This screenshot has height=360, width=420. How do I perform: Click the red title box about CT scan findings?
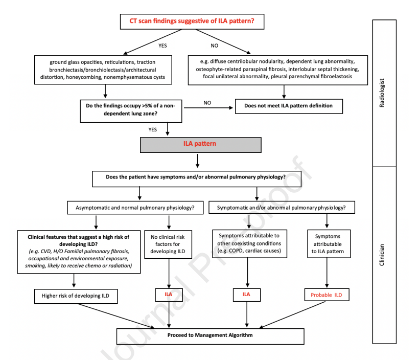[192, 21]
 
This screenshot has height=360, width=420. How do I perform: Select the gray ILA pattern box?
[201, 145]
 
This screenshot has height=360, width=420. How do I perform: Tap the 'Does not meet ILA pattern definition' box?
[289, 106]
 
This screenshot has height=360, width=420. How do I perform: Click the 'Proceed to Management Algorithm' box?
[211, 336]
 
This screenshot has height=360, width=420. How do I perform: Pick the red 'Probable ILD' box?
[327, 295]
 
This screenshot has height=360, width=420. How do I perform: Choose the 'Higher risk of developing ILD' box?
[76, 296]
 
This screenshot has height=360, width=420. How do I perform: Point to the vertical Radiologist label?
[382, 93]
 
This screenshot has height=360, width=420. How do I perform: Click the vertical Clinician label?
[382, 255]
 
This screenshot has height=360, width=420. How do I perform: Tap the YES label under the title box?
[162, 46]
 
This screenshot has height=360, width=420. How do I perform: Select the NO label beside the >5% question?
[207, 103]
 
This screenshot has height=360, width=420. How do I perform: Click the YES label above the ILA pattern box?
[153, 130]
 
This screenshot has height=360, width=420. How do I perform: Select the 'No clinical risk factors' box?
[168, 244]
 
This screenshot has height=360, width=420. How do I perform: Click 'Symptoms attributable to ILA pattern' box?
[329, 243]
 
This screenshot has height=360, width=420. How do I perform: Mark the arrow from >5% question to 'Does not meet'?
[208, 108]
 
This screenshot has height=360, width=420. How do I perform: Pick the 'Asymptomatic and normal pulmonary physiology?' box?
[135, 208]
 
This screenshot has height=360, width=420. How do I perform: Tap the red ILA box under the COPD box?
[247, 295]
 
